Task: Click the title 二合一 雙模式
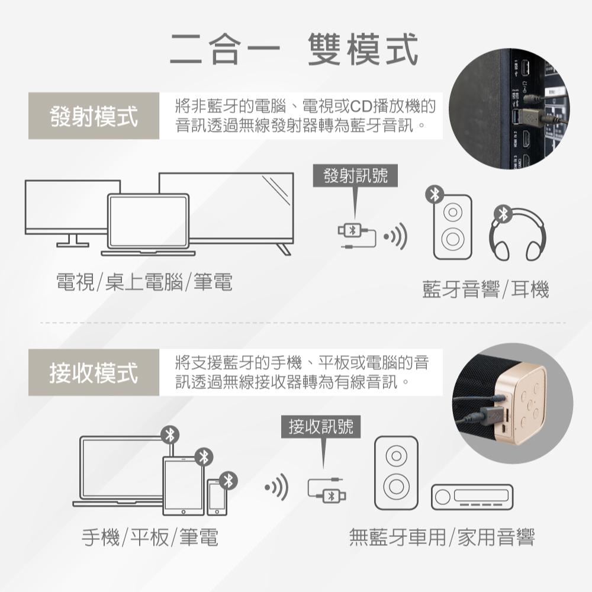click(294, 49)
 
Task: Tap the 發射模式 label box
click(94, 116)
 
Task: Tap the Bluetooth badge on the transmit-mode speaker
click(436, 195)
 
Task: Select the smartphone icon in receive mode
click(217, 497)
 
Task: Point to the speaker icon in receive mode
click(395, 474)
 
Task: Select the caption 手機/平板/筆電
click(149, 538)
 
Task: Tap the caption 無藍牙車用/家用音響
click(442, 538)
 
